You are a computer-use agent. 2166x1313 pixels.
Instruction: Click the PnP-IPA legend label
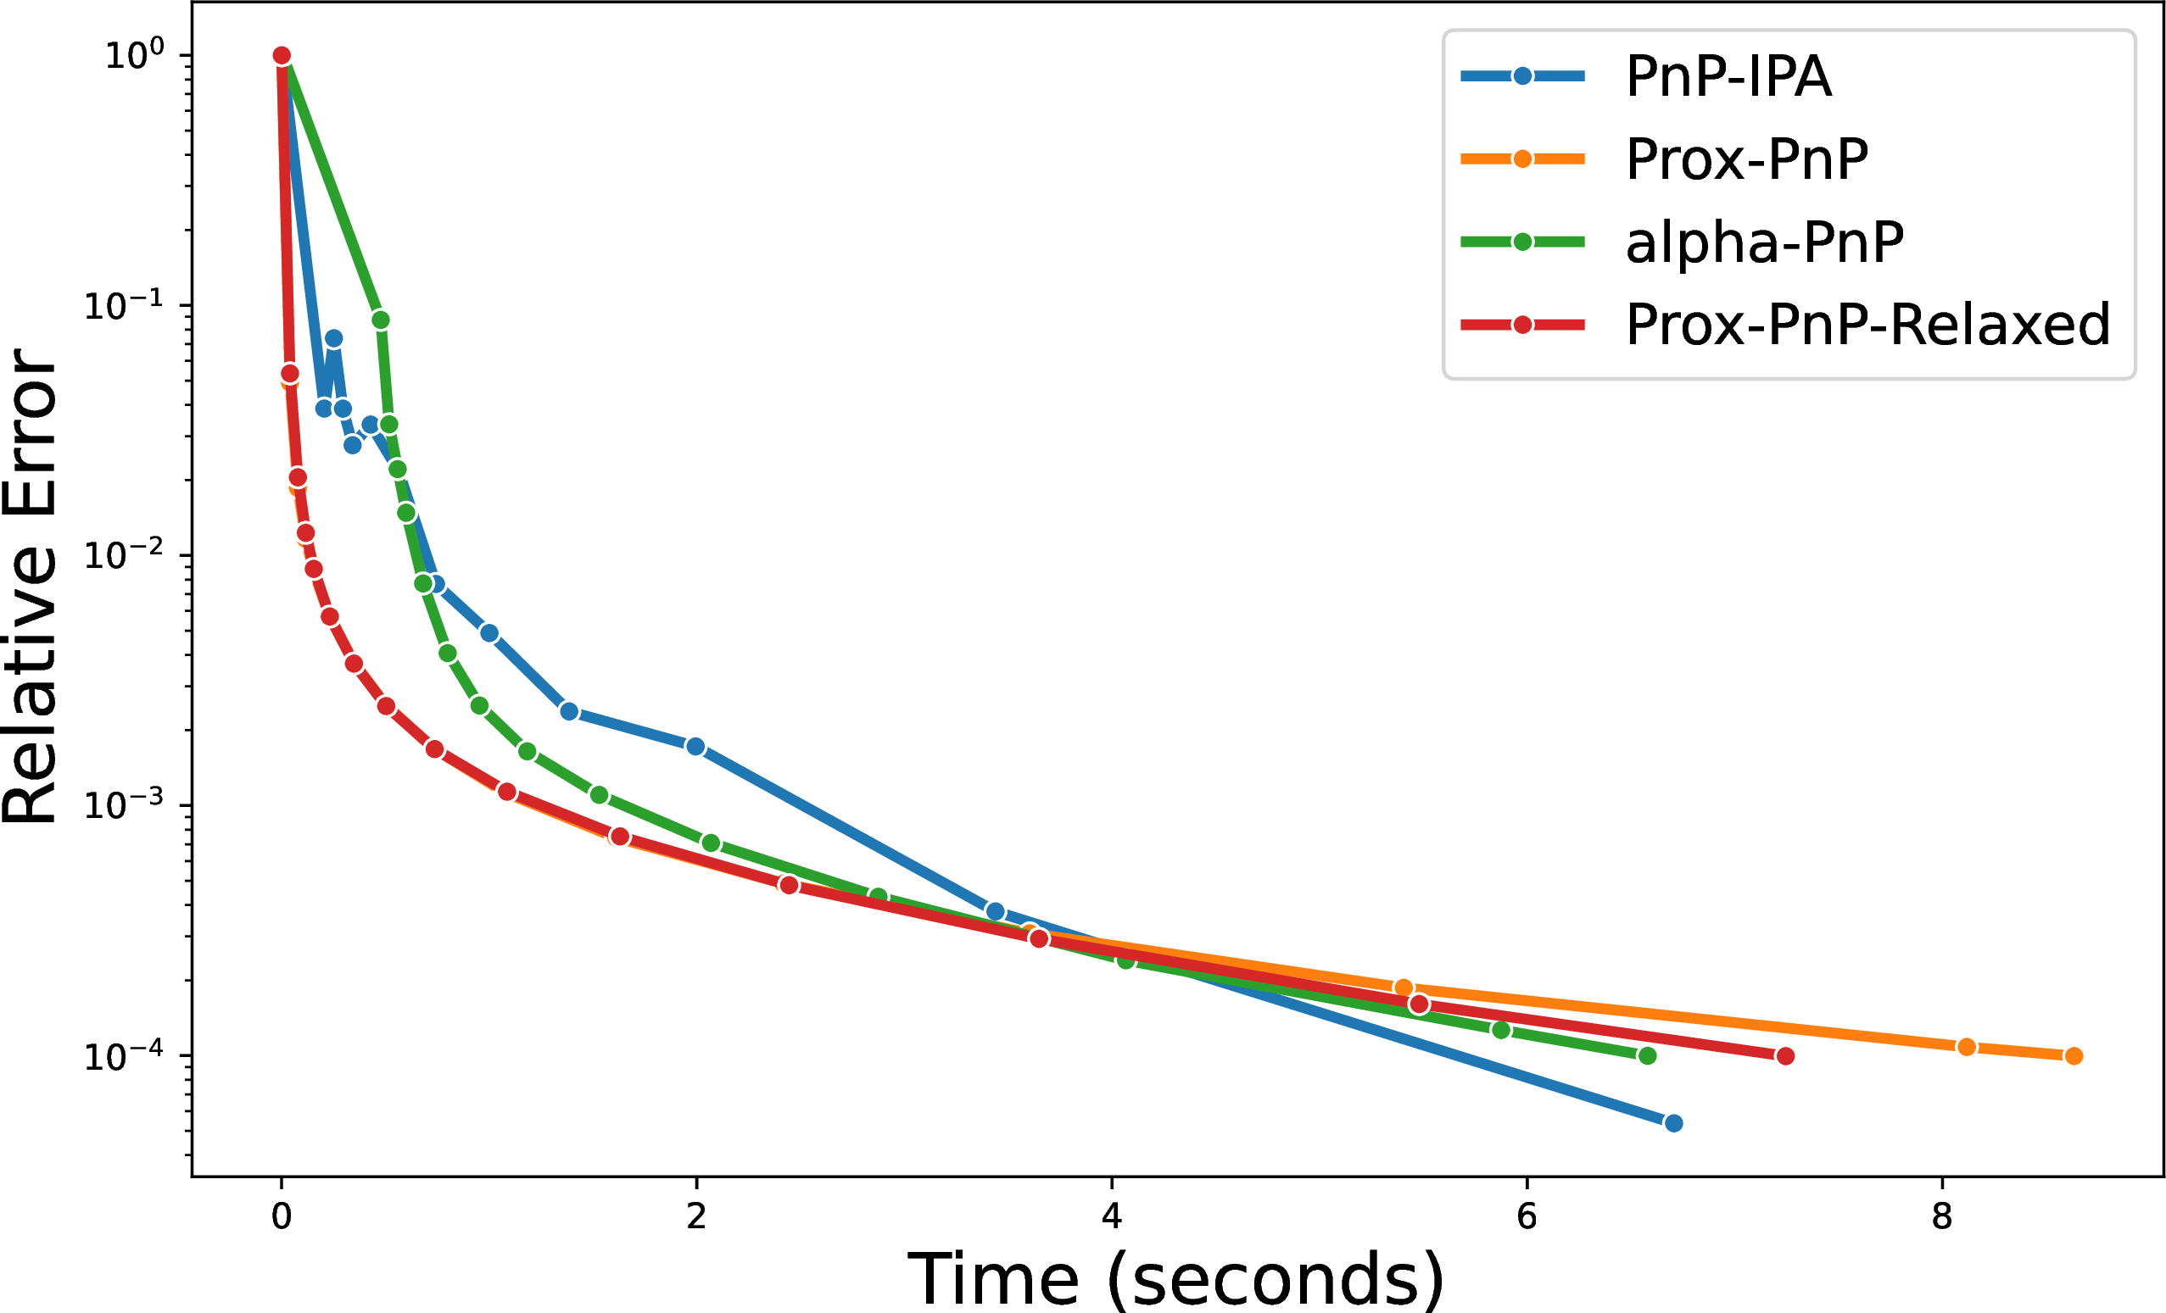1728,76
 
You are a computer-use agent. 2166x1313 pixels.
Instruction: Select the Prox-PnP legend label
1747,159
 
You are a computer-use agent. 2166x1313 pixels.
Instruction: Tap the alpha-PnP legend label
1764,242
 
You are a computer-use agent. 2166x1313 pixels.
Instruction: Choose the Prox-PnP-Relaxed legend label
1868,325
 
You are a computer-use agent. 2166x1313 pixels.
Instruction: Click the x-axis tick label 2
696,1216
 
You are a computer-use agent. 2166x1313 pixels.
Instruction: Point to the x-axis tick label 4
1112,1216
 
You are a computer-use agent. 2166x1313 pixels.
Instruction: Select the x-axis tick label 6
1527,1216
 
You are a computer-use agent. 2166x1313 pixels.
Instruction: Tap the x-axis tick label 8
1942,1216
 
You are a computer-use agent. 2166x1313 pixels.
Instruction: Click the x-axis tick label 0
282,1216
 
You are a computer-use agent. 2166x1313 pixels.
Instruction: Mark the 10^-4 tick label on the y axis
124,1054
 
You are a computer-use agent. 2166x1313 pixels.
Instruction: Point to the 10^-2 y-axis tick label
124,554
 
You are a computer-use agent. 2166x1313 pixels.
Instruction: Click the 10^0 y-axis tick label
135,54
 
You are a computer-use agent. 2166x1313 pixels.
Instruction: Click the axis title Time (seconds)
1176,1279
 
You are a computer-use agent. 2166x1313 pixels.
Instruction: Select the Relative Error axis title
30,587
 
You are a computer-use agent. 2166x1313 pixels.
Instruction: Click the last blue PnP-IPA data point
1674,1123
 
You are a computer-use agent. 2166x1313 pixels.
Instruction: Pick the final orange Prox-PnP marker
2074,1055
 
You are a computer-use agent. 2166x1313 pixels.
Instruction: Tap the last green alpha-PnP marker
1647,1055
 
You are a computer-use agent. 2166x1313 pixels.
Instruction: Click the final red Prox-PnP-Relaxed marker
1785,1055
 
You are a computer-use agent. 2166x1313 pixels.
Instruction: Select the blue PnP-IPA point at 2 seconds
695,746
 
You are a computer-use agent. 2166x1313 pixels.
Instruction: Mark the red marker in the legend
1522,325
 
